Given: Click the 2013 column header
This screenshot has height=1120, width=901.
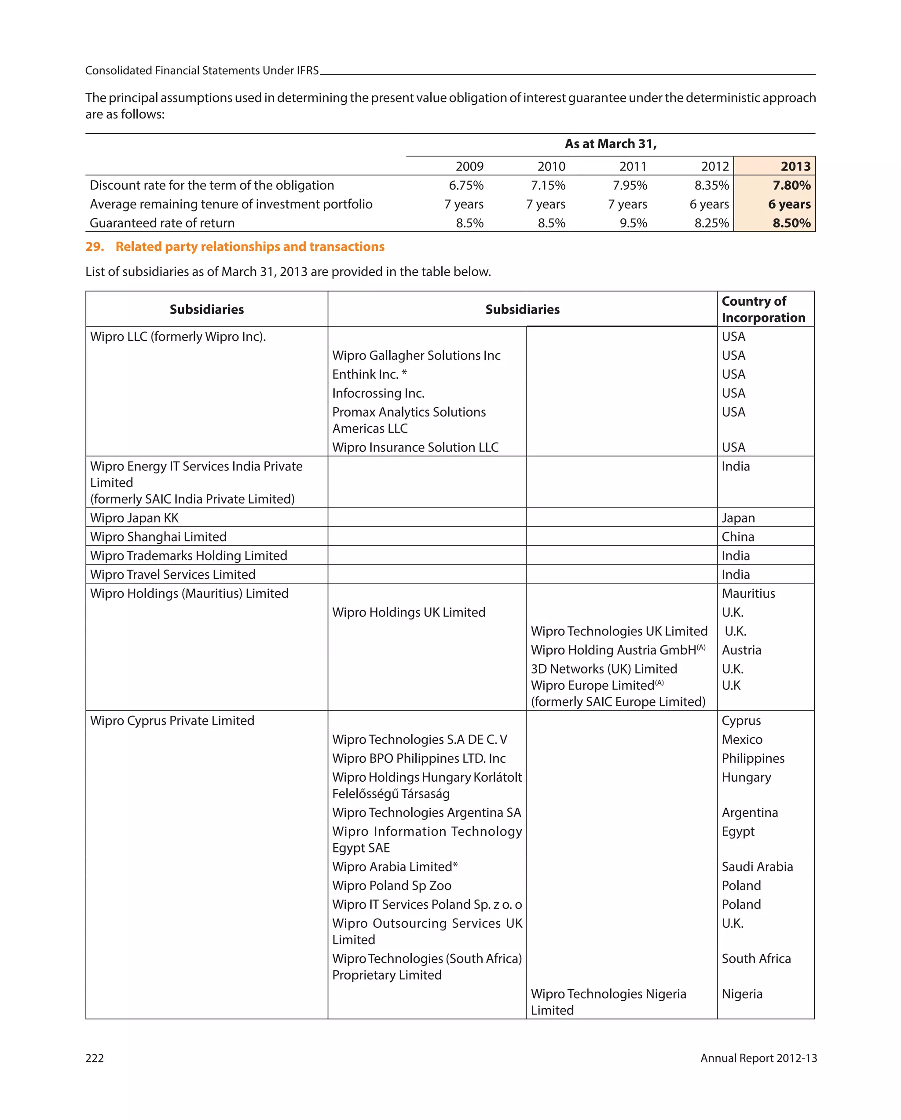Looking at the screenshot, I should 795,166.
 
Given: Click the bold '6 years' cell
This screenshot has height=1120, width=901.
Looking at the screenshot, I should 789,204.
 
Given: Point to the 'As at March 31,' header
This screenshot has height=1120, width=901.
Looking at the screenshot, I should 610,144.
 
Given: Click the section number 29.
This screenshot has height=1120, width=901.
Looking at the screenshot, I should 94,246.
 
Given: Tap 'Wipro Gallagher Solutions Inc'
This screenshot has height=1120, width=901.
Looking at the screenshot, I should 416,355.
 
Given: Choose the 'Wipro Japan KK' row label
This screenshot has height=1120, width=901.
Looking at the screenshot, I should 134,518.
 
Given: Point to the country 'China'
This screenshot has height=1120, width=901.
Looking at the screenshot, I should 737,537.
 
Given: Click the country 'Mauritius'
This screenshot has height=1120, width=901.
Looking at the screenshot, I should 748,593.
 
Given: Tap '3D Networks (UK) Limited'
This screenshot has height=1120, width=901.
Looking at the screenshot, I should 603,669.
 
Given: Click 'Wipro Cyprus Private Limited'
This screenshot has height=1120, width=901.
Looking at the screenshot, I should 172,721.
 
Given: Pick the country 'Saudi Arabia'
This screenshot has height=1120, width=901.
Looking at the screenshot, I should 757,867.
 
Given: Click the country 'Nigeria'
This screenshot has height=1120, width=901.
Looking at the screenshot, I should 741,994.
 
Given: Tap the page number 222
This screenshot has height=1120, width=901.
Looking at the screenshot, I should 95,1058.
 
